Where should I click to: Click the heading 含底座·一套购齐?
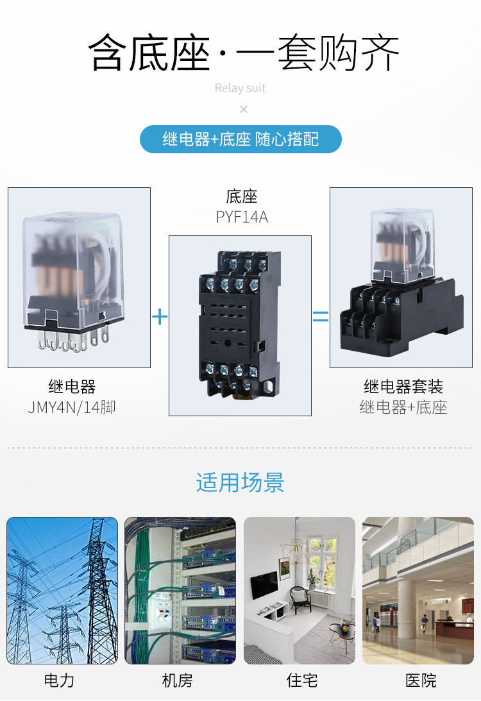pos(244,53)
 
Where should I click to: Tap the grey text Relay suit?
pos(240,88)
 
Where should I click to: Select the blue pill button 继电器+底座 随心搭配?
pos(240,139)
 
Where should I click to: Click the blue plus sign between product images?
pos(160,317)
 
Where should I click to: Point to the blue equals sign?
pos(320,317)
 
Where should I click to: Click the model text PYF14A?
pos(242,217)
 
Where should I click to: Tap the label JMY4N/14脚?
pos(71,407)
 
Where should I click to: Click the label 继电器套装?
pos(403,387)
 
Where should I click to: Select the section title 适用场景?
pos(240,482)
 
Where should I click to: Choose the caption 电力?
pos(59,680)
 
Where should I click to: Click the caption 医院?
pos(421,680)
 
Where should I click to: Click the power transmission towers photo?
pos(62,590)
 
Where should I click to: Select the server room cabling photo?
pos(180,590)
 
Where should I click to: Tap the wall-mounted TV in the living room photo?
pos(264,584)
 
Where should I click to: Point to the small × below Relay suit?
pos(243,110)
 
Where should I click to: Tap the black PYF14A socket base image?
pos(240,326)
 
